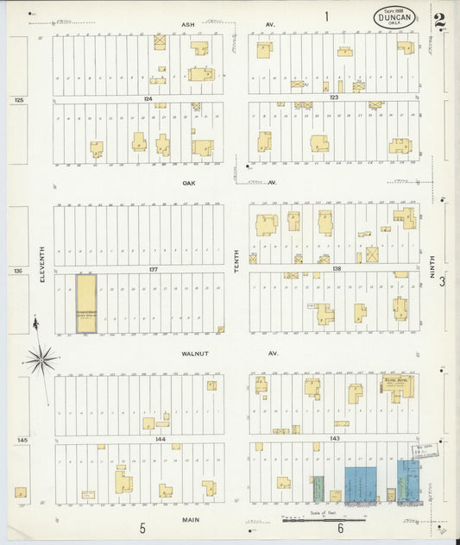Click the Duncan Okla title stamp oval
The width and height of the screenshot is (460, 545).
coord(394,16)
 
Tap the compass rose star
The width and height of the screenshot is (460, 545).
coord(41,357)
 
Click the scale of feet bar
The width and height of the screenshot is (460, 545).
coord(324,520)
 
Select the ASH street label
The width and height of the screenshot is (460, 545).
coord(187,24)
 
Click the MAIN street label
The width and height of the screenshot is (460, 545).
coord(192,520)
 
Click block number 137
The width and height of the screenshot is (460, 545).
coord(153,270)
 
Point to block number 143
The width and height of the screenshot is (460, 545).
coord(336,439)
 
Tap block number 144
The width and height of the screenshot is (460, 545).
coord(160,439)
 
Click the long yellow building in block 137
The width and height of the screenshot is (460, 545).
coord(86,304)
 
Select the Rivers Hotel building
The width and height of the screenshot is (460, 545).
coord(398,387)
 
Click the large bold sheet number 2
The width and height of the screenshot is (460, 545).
coord(440,21)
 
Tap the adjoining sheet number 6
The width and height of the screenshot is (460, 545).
coord(341,528)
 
